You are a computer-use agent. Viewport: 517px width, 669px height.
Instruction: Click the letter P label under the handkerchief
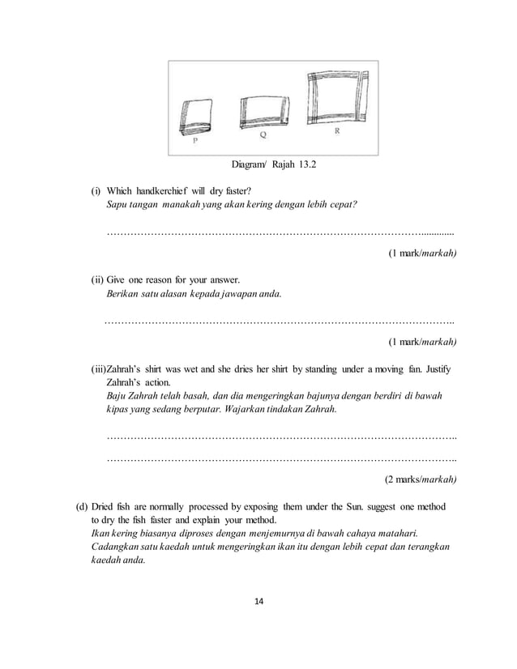[195, 143]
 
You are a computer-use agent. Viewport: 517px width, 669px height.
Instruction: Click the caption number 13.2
[303, 168]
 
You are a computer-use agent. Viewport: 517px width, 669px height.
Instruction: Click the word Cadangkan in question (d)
[114, 547]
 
